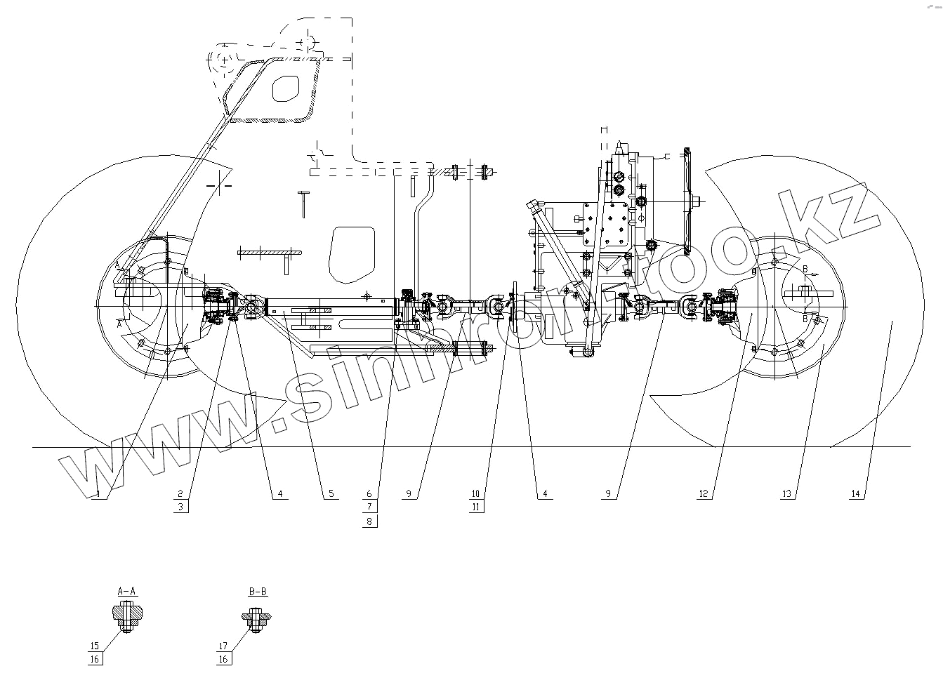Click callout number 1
pyautogui.click(x=98, y=494)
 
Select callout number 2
pyautogui.click(x=180, y=493)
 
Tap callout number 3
pyautogui.click(x=180, y=507)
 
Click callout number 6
pyautogui.click(x=371, y=493)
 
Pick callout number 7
pyautogui.click(x=371, y=507)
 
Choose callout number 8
pyautogui.click(x=371, y=521)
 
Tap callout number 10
pyautogui.click(x=475, y=493)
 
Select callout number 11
pyautogui.click(x=475, y=507)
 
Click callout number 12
pyautogui.click(x=704, y=494)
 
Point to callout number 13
pyautogui.click(x=786, y=494)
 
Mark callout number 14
pyautogui.click(x=855, y=494)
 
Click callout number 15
pyautogui.click(x=94, y=646)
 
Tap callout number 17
pyautogui.click(x=223, y=646)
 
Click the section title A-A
pyautogui.click(x=126, y=592)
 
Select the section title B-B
pyautogui.click(x=258, y=592)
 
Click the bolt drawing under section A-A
pyautogui.click(x=127, y=617)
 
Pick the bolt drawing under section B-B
pyautogui.click(x=257, y=617)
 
